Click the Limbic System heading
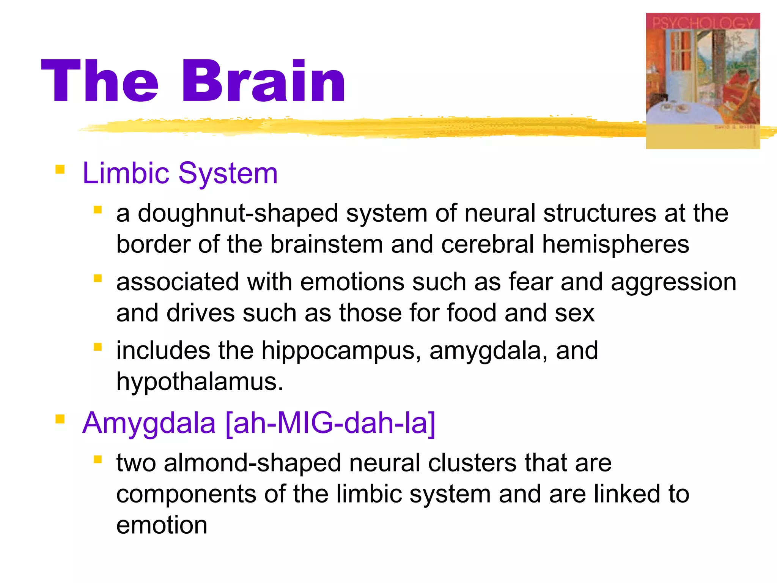coord(180,173)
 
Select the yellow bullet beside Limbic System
coord(60,169)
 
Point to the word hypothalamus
coord(200,381)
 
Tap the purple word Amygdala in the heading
coord(149,424)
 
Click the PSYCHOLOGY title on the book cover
coord(703,23)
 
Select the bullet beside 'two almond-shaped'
coord(98,460)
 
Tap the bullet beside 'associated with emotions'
coord(98,279)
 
